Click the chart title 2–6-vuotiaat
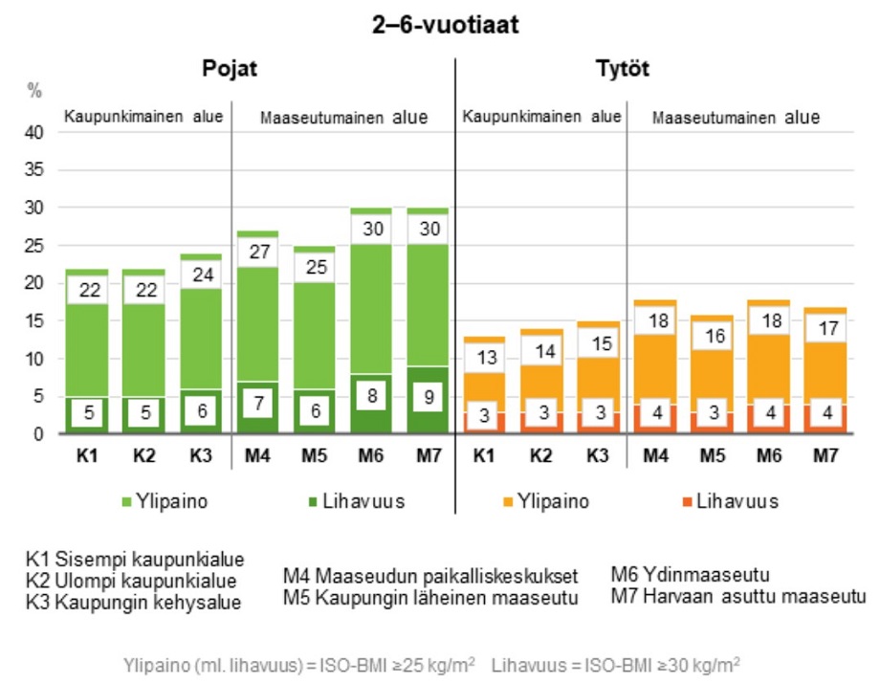point(446,26)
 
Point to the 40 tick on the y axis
point(35,133)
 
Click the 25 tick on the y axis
point(35,246)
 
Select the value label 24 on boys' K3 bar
point(200,275)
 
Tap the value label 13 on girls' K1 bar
point(485,358)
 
